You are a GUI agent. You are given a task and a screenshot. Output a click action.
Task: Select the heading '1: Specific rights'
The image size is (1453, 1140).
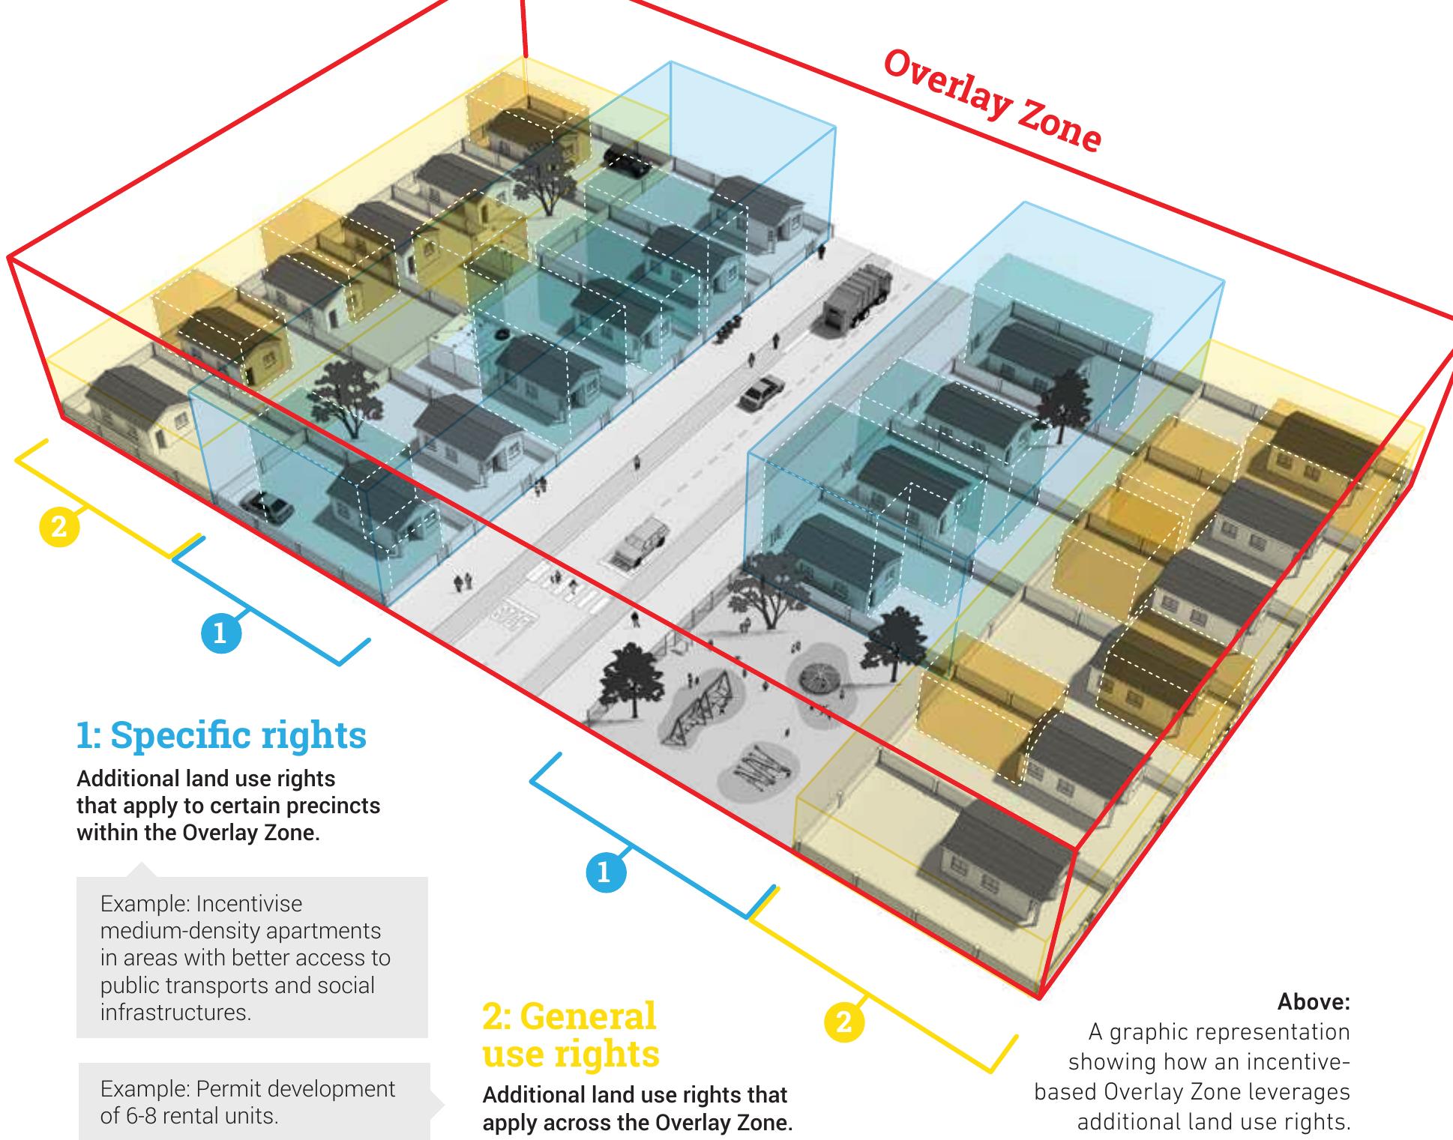click(221, 736)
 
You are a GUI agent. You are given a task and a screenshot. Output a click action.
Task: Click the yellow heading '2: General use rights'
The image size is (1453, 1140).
click(571, 1035)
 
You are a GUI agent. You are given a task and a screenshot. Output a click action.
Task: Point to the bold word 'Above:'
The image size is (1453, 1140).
click(1314, 1001)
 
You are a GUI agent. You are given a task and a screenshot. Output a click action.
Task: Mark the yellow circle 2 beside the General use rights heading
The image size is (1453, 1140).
click(844, 1022)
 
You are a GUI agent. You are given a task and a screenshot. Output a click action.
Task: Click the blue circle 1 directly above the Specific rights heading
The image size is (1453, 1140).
click(221, 634)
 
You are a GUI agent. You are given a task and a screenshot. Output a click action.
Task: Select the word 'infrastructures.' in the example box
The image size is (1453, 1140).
click(175, 1013)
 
